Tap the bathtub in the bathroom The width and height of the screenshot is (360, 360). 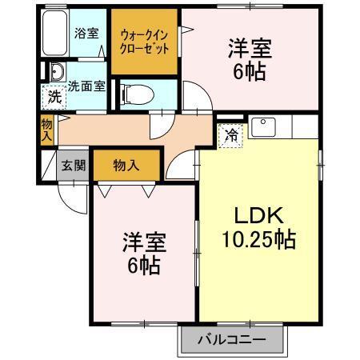point(53,36)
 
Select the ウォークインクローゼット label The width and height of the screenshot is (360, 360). point(144,42)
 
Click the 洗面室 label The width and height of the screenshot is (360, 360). point(86,86)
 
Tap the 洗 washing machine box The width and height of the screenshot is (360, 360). point(53,98)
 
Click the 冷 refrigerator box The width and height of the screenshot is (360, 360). point(231,135)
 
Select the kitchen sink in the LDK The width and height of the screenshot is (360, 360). point(263,126)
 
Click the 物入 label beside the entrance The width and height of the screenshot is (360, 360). point(126,166)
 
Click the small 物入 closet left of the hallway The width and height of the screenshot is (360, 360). point(46,130)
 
